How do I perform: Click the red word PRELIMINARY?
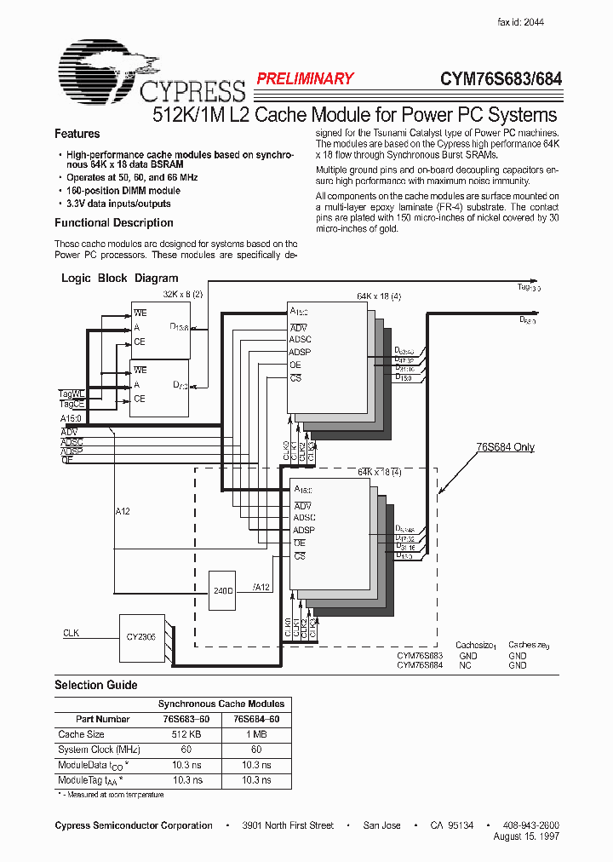coord(305,79)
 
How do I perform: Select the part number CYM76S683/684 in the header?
coord(501,79)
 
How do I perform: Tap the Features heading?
coord(77,134)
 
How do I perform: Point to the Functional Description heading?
coord(114,223)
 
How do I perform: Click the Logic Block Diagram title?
coord(120,279)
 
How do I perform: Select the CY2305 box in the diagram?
coord(140,636)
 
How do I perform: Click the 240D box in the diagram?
coord(223,590)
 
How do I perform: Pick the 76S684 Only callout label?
coord(505,447)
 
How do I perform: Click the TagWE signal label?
coord(72,394)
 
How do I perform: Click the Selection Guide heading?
coord(96,685)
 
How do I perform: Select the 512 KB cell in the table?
coord(186,734)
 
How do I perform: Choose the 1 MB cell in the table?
coord(255,734)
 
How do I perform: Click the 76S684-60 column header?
coord(255,719)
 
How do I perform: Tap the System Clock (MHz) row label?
coord(99,750)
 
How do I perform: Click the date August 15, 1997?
coord(526,836)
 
